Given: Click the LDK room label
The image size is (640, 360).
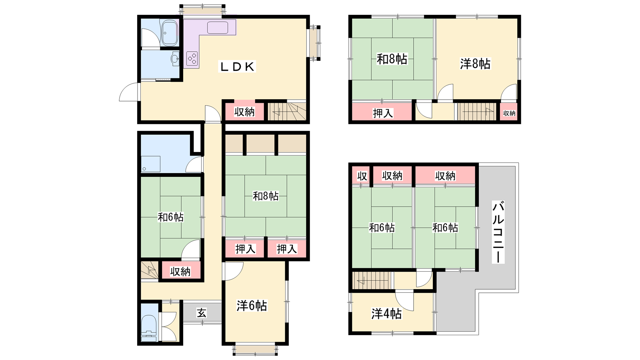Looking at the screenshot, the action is (x=237, y=66).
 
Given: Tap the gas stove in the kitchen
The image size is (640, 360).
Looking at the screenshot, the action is (x=192, y=58).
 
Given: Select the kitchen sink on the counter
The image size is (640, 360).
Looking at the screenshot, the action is (x=218, y=28).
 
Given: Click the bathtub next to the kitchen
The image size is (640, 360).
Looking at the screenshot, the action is (x=170, y=33).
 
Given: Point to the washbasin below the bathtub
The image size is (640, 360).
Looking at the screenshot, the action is (x=175, y=59).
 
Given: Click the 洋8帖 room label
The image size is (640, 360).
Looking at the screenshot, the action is (x=475, y=64).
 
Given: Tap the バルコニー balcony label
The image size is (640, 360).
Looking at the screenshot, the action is (x=498, y=232).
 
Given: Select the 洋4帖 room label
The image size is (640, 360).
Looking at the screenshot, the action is (x=386, y=314).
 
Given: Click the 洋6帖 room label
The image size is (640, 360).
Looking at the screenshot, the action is (x=252, y=306).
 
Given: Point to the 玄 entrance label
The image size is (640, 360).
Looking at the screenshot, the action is (x=202, y=313).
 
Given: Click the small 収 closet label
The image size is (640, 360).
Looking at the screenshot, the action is (x=362, y=176).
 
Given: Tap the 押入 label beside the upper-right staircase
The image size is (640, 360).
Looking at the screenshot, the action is (x=383, y=113).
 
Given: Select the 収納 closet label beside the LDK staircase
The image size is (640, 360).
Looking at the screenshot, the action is (x=244, y=112).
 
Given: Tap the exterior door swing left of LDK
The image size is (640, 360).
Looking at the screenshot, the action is (x=129, y=92).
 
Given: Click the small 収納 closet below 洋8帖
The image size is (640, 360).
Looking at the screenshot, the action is (x=509, y=113).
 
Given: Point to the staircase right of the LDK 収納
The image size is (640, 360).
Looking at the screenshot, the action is (x=287, y=111).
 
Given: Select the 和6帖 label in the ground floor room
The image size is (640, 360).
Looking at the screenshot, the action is (x=170, y=217).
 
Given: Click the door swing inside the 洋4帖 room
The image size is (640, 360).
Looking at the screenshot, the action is (x=404, y=300).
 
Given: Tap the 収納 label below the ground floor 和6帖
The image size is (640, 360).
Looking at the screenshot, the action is (x=180, y=272).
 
